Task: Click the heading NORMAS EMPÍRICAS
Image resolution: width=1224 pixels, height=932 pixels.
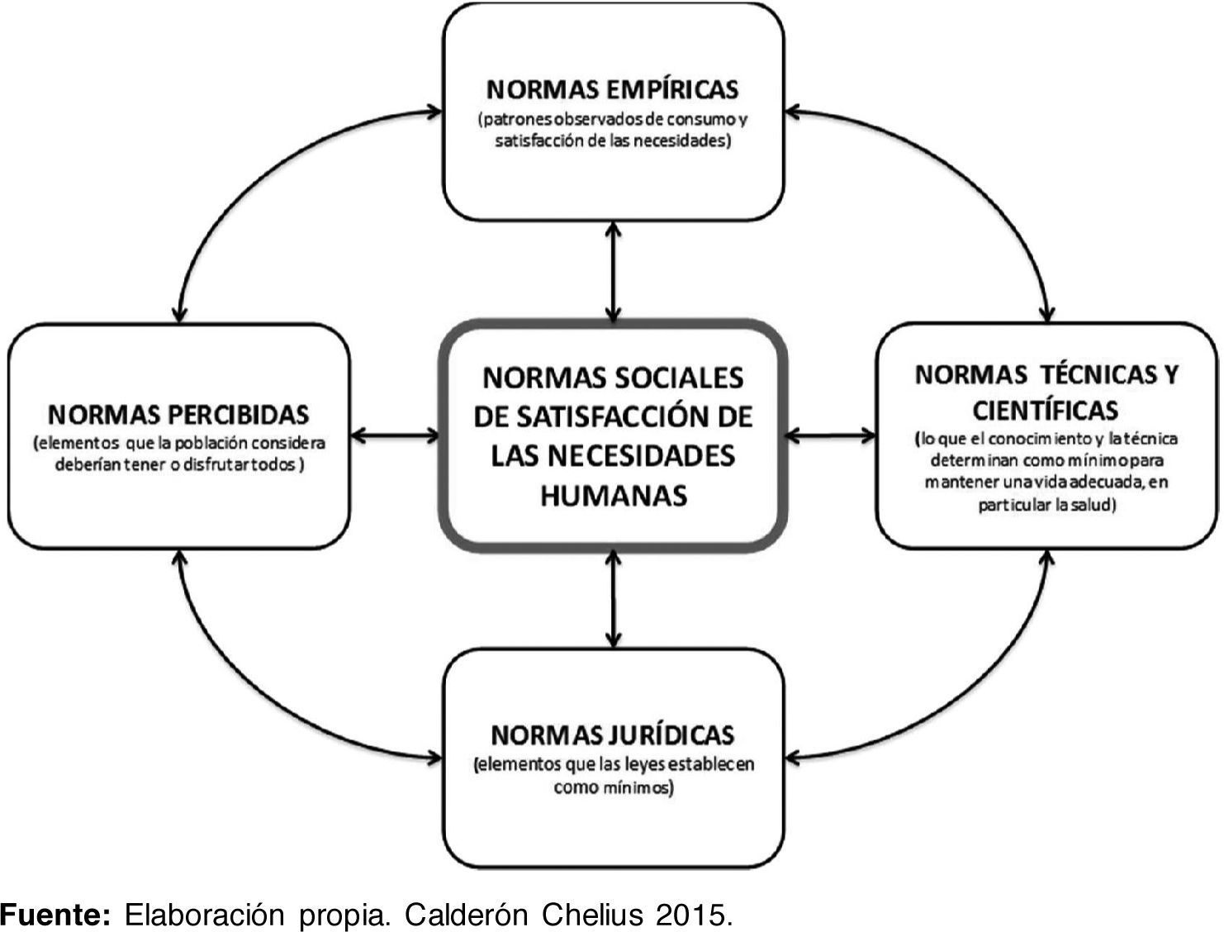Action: coord(612,88)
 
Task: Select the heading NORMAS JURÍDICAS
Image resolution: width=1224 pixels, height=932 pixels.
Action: coord(612,734)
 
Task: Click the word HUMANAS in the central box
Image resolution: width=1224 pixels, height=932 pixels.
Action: coord(613,494)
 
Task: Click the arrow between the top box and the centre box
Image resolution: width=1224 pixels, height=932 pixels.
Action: coord(612,271)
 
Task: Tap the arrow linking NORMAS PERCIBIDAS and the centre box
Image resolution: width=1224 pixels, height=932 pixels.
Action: coord(395,435)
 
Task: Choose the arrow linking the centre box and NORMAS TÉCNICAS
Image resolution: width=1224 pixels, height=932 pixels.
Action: coord(830,435)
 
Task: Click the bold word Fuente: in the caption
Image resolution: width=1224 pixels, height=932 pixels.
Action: coord(55,915)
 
